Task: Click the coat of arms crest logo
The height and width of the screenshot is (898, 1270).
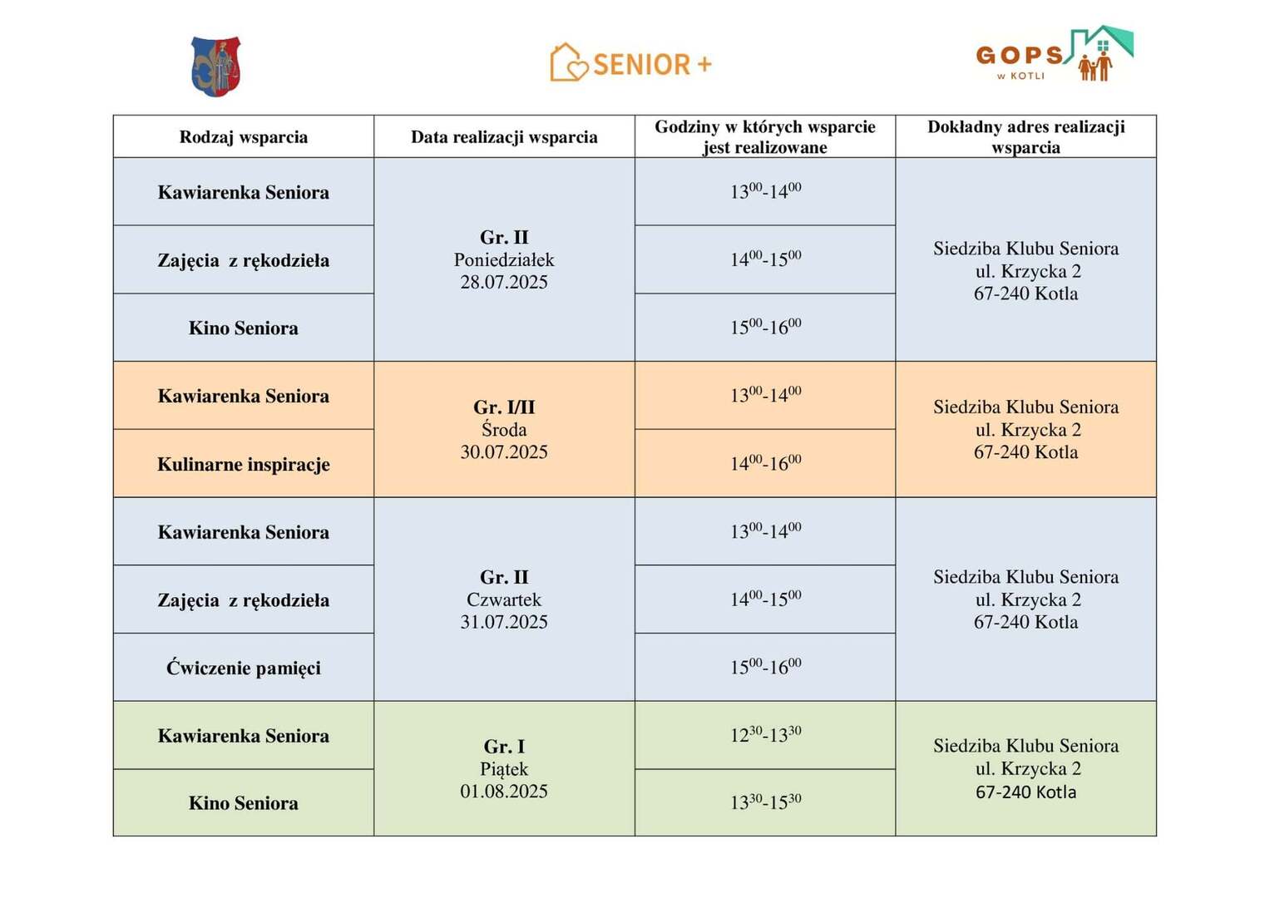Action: [x=215, y=67]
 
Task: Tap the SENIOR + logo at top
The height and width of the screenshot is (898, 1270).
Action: [x=631, y=63]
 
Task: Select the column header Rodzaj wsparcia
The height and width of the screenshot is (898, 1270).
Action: [x=244, y=137]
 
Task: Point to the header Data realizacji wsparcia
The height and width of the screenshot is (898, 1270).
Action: [x=504, y=137]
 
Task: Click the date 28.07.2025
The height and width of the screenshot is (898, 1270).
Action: [x=504, y=283]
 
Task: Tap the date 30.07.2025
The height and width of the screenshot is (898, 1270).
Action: [x=504, y=452]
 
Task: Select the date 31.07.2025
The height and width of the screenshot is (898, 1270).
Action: [x=504, y=622]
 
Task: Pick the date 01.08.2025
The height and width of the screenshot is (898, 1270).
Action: [x=504, y=792]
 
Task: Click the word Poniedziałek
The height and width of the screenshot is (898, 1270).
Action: [x=504, y=260]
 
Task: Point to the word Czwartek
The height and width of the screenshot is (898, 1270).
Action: [x=504, y=599]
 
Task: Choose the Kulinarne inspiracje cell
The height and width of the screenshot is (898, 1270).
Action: [x=244, y=464]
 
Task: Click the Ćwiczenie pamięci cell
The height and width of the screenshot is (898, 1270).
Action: [x=244, y=668]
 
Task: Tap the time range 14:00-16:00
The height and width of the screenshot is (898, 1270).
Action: [x=765, y=463]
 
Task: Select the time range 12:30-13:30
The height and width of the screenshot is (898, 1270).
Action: [x=765, y=735]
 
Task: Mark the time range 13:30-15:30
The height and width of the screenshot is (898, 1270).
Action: [x=765, y=802]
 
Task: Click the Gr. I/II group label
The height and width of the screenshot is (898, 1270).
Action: [x=504, y=407]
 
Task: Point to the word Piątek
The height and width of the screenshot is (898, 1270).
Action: [x=504, y=769]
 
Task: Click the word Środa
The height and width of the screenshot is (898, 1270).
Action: [x=504, y=430]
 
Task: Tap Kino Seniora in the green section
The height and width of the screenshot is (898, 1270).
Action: [x=244, y=803]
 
